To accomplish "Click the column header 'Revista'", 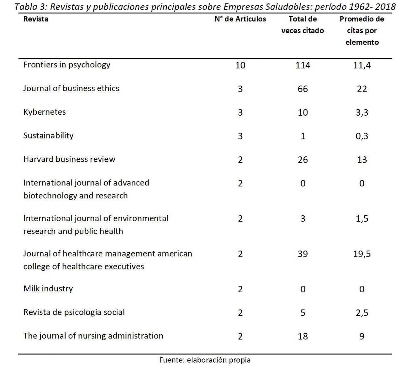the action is tap(36, 19).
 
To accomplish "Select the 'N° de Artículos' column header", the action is tap(240, 19).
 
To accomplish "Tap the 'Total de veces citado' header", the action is tap(302, 25).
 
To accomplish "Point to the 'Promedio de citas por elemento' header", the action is tap(362, 30).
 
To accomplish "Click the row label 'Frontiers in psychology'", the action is tap(67, 65).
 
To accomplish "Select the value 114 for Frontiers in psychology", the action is tap(303, 65).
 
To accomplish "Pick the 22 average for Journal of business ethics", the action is tap(362, 89).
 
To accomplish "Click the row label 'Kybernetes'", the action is tap(45, 112).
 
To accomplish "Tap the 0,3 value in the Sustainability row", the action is tap(362, 136).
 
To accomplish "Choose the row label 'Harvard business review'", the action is tap(69, 159).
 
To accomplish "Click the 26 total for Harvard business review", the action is tap(303, 159).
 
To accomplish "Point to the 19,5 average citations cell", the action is tap(362, 254).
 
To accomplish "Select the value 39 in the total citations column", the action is tap(303, 254).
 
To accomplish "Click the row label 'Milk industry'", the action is tap(48, 289).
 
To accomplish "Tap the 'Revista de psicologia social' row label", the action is tap(74, 312).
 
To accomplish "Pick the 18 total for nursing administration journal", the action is tap(303, 336).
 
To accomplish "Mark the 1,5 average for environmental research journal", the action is tap(362, 219).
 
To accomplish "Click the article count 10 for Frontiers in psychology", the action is tap(240, 65).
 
